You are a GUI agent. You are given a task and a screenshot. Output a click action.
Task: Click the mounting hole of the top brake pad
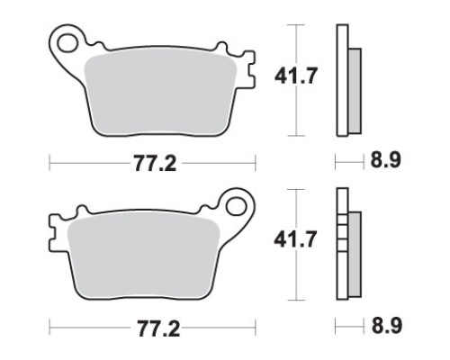click(x=67, y=43)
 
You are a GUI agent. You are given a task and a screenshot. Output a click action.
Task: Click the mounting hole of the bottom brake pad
click(x=236, y=206)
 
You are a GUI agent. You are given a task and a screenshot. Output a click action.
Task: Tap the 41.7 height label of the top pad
click(x=295, y=76)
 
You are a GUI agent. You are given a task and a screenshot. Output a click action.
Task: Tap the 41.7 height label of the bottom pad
click(x=295, y=239)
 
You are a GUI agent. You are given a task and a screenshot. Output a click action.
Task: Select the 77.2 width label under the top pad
click(x=155, y=164)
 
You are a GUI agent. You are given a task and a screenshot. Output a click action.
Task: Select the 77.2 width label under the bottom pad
click(x=158, y=328)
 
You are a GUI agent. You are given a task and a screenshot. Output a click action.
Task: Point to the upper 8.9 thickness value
click(x=385, y=160)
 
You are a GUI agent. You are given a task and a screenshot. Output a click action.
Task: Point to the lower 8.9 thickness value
click(x=386, y=325)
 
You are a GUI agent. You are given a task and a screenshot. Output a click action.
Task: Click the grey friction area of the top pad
click(x=160, y=94)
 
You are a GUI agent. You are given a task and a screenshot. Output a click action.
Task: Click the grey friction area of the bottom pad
click(x=143, y=257)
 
